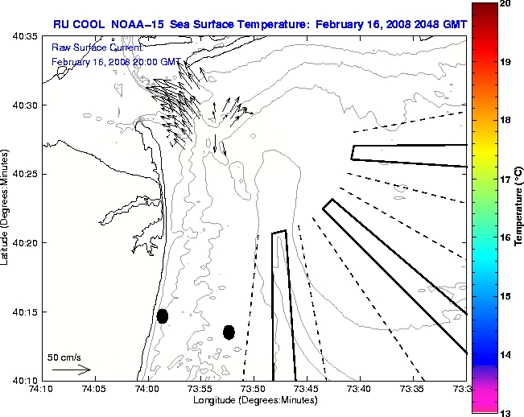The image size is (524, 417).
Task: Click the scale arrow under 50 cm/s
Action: point(71,370)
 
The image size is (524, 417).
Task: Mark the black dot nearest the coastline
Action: point(163,316)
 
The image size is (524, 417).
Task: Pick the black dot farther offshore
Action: point(229,332)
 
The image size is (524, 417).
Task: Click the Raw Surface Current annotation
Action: point(89,48)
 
